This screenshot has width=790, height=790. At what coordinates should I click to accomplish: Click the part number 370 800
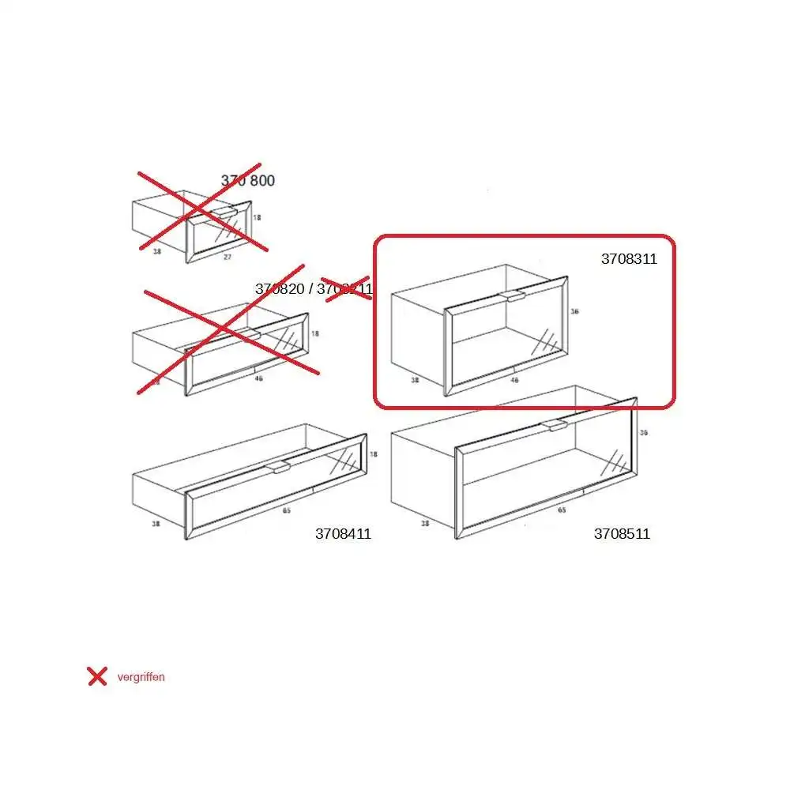point(247,181)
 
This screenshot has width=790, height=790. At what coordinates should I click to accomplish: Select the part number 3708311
point(629,259)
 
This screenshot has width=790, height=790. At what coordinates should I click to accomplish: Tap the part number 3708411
point(343,534)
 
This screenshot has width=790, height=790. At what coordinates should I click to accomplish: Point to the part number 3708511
point(622,534)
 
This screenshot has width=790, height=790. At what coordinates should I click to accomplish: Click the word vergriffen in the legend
point(141,677)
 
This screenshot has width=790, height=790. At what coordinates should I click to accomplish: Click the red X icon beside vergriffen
point(97,676)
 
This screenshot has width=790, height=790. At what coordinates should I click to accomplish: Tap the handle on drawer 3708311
point(512,296)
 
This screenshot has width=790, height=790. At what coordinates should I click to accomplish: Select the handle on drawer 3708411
point(280,468)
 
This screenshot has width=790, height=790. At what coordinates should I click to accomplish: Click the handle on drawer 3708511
point(554,426)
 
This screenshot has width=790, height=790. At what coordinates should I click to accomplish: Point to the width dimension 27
point(228,258)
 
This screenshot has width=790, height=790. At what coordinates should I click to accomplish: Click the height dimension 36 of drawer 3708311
point(575,311)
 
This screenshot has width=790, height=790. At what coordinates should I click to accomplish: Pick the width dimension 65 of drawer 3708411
point(286,511)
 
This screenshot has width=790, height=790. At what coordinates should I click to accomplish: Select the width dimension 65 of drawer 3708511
point(562,510)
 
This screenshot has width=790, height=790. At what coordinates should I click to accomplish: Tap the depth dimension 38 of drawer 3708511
point(425,523)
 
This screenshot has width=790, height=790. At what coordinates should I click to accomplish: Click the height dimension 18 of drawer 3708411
point(374,454)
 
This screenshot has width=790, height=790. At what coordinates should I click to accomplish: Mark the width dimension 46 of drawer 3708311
point(514,380)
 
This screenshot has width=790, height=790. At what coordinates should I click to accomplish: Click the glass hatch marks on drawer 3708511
point(614,461)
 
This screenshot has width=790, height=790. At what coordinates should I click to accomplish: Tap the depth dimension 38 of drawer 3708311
point(415,379)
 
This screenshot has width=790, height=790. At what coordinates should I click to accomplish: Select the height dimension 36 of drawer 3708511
point(644,433)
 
